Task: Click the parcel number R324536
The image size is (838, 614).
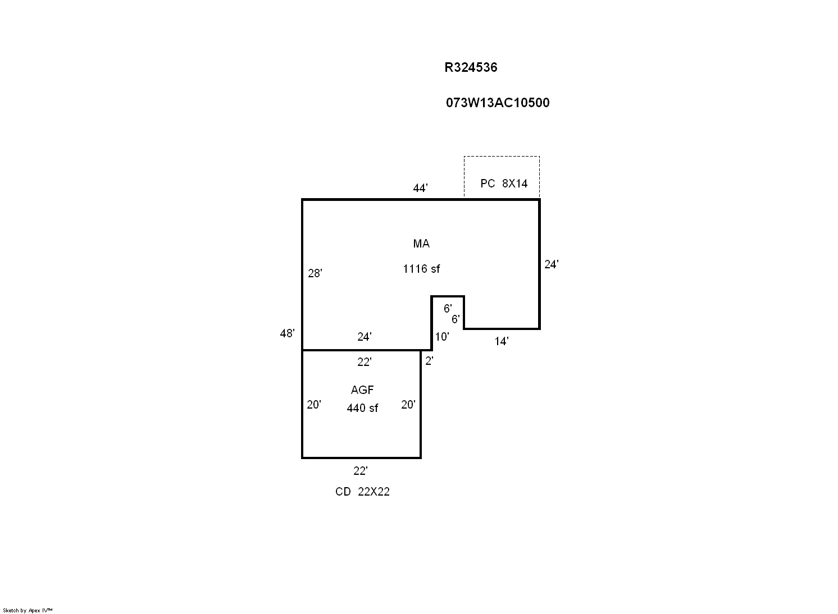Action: pos(471,67)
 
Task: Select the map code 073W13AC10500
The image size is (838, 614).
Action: pos(498,103)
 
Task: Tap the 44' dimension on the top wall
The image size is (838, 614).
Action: pos(420,187)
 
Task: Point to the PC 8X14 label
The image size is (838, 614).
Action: pos(504,184)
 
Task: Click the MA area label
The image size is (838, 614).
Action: pos(421,244)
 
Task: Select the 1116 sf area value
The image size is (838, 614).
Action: pos(421,269)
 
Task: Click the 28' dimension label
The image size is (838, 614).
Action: pos(315,273)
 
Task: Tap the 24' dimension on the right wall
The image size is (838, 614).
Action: pos(552,264)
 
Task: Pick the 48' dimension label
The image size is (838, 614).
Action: pos(288,333)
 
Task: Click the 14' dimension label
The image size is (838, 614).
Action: pos(502,341)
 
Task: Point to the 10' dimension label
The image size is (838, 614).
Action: pos(442,337)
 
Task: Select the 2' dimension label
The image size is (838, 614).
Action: pos(430,361)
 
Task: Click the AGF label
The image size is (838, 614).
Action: pos(362,390)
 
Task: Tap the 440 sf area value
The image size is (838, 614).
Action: pos(362,408)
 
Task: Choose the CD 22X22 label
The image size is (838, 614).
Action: pos(362,492)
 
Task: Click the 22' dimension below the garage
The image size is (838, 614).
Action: pos(360,471)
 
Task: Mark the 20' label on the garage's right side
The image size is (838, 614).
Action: pos(408,405)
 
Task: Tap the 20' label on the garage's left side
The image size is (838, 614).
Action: pos(314,405)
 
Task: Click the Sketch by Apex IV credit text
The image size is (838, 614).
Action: pos(28,611)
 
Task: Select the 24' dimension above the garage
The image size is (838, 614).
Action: pos(365,337)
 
